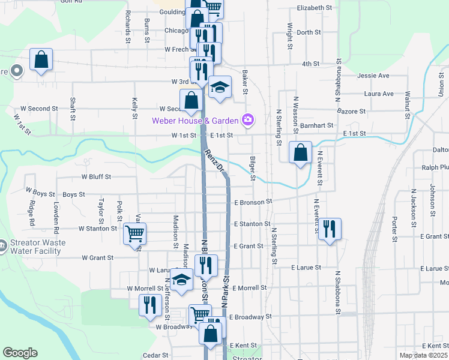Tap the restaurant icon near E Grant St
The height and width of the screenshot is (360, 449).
(330, 229)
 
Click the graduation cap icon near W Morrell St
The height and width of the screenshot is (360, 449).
(181, 280)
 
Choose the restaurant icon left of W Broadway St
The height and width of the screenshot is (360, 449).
(148, 305)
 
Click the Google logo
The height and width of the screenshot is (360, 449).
(20, 353)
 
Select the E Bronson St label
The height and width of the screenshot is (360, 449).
(253, 203)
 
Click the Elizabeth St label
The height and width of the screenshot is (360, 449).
(315, 8)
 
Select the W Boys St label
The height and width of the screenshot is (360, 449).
(40, 194)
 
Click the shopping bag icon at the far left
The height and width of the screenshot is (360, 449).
(41, 59)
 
